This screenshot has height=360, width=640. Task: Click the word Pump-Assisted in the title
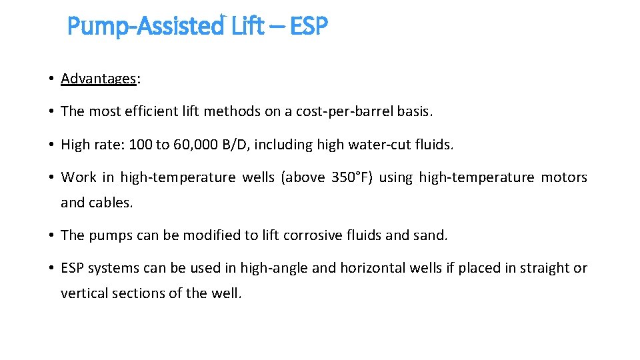(x=146, y=27)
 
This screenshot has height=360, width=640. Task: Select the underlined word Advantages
(x=99, y=79)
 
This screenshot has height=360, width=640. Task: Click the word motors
(x=564, y=177)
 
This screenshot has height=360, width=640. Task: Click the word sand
(x=433, y=235)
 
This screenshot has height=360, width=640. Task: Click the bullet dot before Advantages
(x=51, y=79)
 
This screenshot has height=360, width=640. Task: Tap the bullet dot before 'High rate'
(x=51, y=144)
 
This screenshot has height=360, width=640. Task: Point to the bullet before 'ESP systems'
(x=51, y=268)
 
